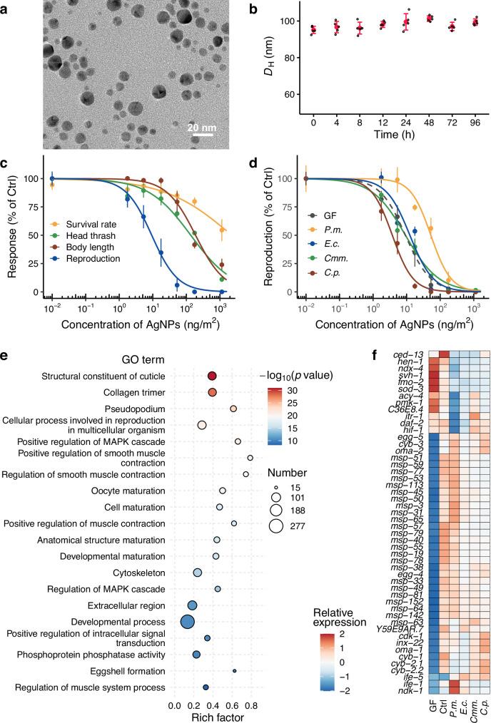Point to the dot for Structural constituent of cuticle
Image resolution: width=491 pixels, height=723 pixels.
212,376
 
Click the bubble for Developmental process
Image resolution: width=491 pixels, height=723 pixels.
187,622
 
